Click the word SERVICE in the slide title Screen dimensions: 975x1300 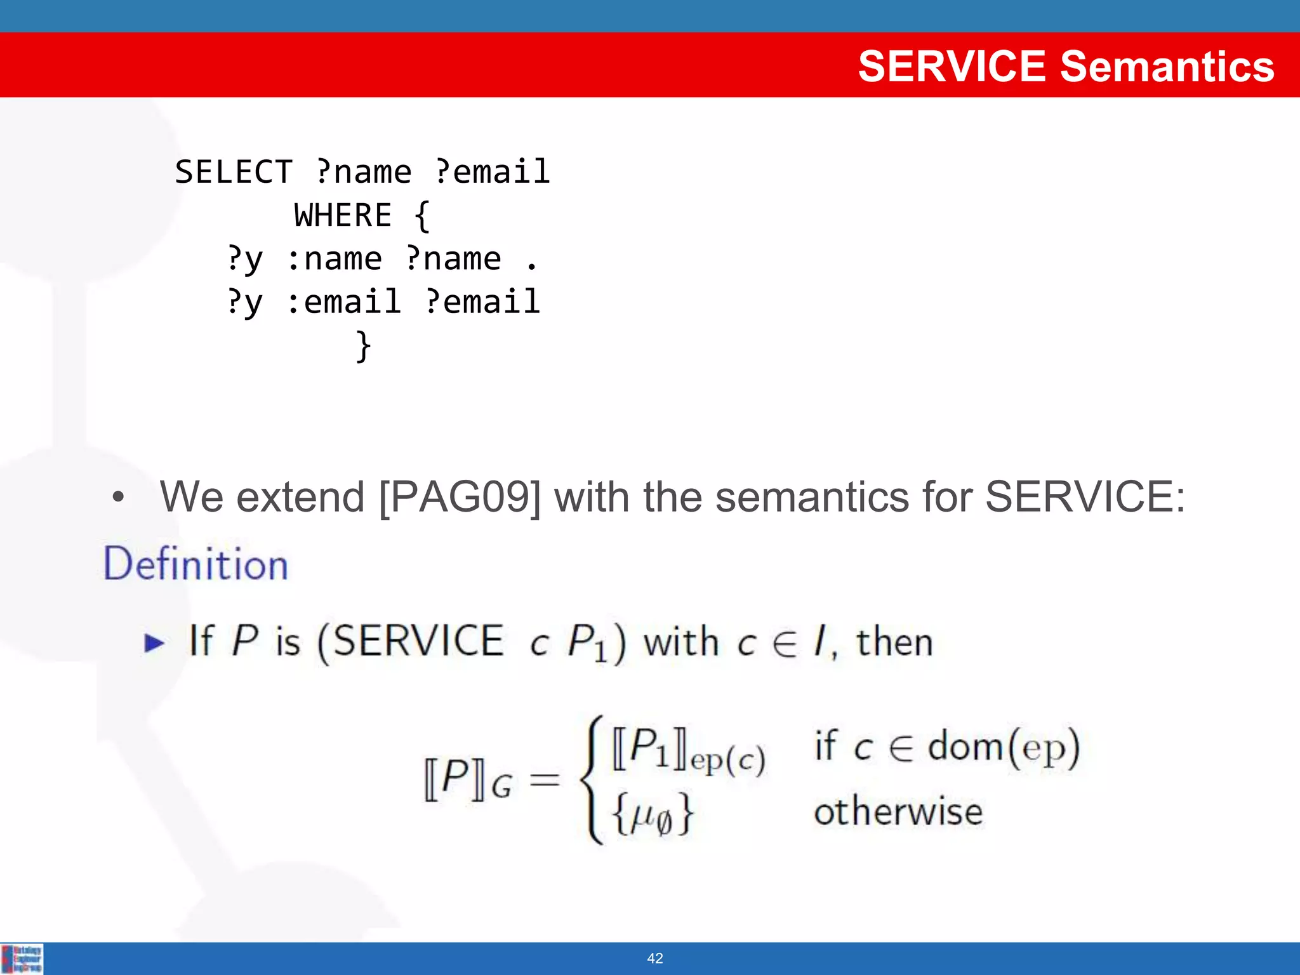click(952, 66)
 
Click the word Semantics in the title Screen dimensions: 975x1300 click(1167, 66)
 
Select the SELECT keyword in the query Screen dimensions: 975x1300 click(233, 172)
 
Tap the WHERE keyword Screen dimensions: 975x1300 click(343, 215)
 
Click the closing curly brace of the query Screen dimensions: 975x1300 click(363, 346)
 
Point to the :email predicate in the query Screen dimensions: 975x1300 click(343, 302)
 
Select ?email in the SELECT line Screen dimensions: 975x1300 click(492, 172)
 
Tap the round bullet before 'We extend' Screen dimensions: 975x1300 click(118, 498)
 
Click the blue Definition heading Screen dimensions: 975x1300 click(196, 564)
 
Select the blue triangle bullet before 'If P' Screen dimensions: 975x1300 click(154, 643)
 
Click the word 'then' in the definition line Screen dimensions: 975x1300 click(894, 642)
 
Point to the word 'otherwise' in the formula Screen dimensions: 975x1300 click(898, 812)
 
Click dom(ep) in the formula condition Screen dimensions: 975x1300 click(1003, 746)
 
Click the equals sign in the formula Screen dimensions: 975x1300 click(545, 780)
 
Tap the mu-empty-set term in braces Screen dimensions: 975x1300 click(653, 815)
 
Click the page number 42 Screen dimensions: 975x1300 click(654, 958)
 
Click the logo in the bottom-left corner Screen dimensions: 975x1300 click(22, 958)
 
